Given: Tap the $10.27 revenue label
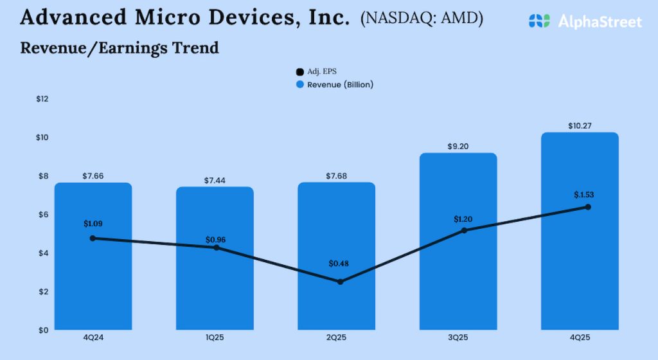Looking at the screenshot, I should click(x=580, y=125).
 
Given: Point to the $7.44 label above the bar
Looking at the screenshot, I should click(x=215, y=181).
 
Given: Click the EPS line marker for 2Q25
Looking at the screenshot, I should click(x=340, y=282).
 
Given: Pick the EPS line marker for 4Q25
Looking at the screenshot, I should click(x=587, y=207).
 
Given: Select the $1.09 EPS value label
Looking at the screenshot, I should click(x=93, y=224).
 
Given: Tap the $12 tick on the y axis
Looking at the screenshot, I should click(x=42, y=99).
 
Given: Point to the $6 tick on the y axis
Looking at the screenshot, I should click(x=42, y=215).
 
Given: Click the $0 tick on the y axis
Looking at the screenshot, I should click(x=42, y=330).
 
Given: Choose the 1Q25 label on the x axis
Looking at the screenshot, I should click(x=215, y=338).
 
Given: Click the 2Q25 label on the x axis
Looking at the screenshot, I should click(x=337, y=338).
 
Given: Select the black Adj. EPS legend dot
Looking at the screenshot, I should click(x=299, y=72).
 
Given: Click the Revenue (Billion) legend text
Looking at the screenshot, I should click(x=340, y=84).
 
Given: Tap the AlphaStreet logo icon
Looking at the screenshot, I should click(x=540, y=21).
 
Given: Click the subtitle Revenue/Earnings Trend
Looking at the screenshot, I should click(x=120, y=48).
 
